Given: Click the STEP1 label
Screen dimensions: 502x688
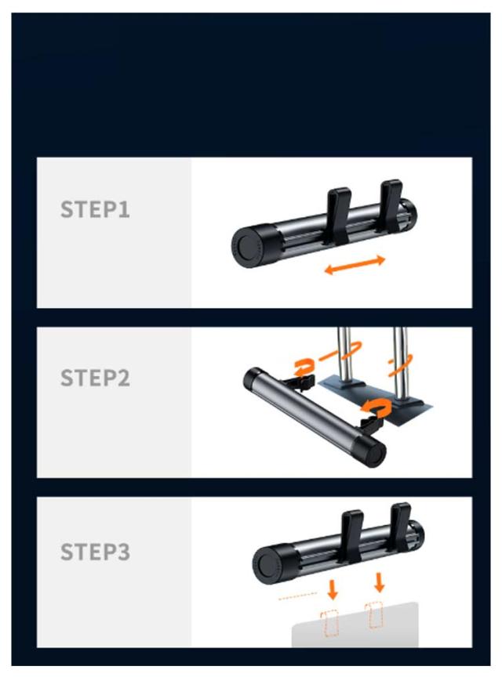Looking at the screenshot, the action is click(x=95, y=209).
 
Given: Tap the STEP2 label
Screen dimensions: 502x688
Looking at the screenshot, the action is click(x=95, y=378).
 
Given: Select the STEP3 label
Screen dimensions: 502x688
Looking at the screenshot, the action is click(x=95, y=552).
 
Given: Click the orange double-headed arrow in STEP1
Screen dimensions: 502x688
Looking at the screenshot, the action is click(x=355, y=265).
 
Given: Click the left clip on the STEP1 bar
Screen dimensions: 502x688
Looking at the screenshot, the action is click(x=338, y=215).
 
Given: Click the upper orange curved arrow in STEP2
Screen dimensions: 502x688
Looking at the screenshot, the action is click(x=304, y=368).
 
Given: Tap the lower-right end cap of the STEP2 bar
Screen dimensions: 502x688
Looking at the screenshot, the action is click(x=372, y=451).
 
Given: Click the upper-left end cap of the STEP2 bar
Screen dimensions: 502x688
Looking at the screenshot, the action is click(x=253, y=378).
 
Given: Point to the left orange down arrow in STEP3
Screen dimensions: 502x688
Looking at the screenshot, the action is click(x=333, y=589).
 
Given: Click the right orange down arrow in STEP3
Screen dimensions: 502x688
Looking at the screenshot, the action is click(x=380, y=581).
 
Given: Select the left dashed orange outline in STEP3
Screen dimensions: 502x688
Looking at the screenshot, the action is click(x=329, y=623).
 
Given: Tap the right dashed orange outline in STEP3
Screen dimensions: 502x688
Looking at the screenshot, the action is click(x=374, y=615).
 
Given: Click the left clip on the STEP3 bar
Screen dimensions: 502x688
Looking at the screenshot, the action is click(x=352, y=536).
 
